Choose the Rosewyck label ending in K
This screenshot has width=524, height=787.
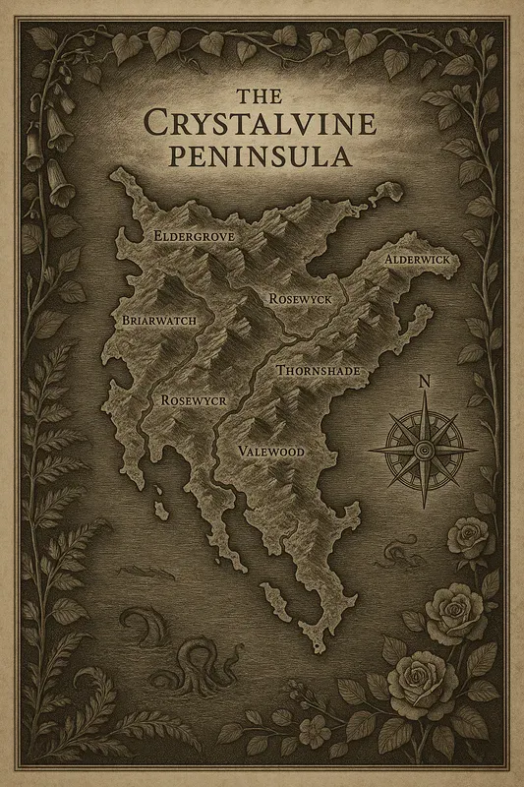(x=304, y=297)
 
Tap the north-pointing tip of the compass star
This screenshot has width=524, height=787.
(x=424, y=396)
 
